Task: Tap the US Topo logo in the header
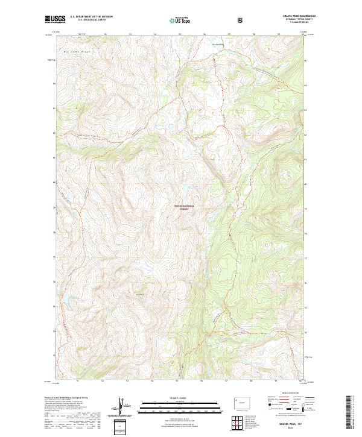181,20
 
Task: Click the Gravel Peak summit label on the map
139,294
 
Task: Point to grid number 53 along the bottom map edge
128,381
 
